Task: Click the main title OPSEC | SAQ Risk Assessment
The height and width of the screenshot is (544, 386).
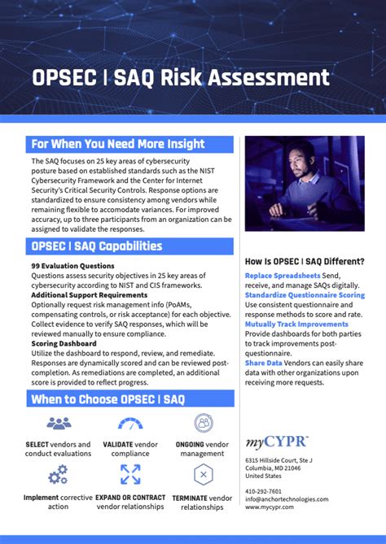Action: click(x=180, y=78)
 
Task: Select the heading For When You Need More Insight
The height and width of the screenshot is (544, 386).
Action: click(x=117, y=144)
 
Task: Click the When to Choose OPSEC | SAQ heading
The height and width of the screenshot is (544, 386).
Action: click(x=107, y=398)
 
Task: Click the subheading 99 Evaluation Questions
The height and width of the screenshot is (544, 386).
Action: click(x=72, y=266)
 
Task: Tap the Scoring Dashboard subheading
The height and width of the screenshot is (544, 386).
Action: click(x=64, y=343)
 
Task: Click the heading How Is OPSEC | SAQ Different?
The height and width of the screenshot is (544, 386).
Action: click(x=305, y=261)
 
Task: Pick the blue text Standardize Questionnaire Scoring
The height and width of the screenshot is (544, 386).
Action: click(x=305, y=295)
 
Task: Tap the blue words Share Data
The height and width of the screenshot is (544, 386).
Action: click(x=263, y=363)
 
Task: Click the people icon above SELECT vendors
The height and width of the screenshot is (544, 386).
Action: click(x=59, y=423)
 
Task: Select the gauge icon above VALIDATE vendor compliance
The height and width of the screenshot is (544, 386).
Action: click(x=130, y=423)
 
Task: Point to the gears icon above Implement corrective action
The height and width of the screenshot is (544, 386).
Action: click(x=58, y=474)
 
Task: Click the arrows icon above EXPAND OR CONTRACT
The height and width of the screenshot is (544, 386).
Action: click(x=130, y=474)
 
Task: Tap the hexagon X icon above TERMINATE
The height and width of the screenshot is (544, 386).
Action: click(x=204, y=474)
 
